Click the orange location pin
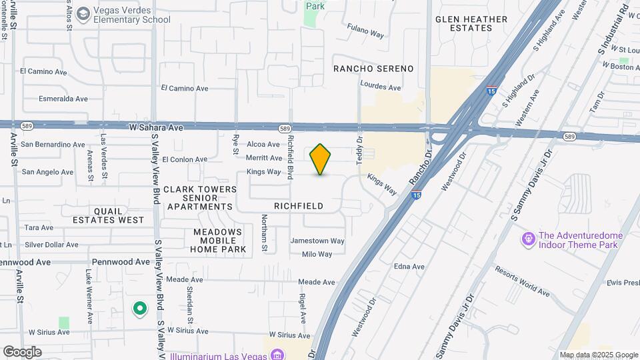(x=321, y=159)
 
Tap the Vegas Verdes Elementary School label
(x=123, y=15)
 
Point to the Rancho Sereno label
(x=373, y=69)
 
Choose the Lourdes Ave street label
(x=380, y=87)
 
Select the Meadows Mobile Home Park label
(x=218, y=240)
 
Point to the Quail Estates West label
(x=109, y=215)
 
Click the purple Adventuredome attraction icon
(x=529, y=238)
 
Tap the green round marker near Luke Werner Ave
(x=139, y=309)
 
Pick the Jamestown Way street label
(x=317, y=241)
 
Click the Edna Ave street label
(x=409, y=267)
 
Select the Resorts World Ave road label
(x=522, y=281)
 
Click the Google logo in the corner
(x=22, y=351)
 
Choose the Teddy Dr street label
(x=359, y=146)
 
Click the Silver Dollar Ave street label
(x=52, y=245)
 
